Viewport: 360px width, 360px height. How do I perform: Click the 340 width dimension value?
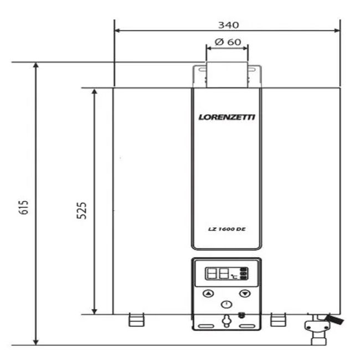coord(228,25)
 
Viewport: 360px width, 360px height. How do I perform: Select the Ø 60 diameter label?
coord(227,42)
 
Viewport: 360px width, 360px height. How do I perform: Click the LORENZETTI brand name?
coord(227,117)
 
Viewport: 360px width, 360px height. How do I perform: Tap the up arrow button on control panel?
coord(208,294)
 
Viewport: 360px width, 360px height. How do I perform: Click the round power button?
coord(227,304)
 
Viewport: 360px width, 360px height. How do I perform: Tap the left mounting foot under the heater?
coord(136,320)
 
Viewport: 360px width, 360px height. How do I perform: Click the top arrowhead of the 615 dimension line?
coord(36,65)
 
